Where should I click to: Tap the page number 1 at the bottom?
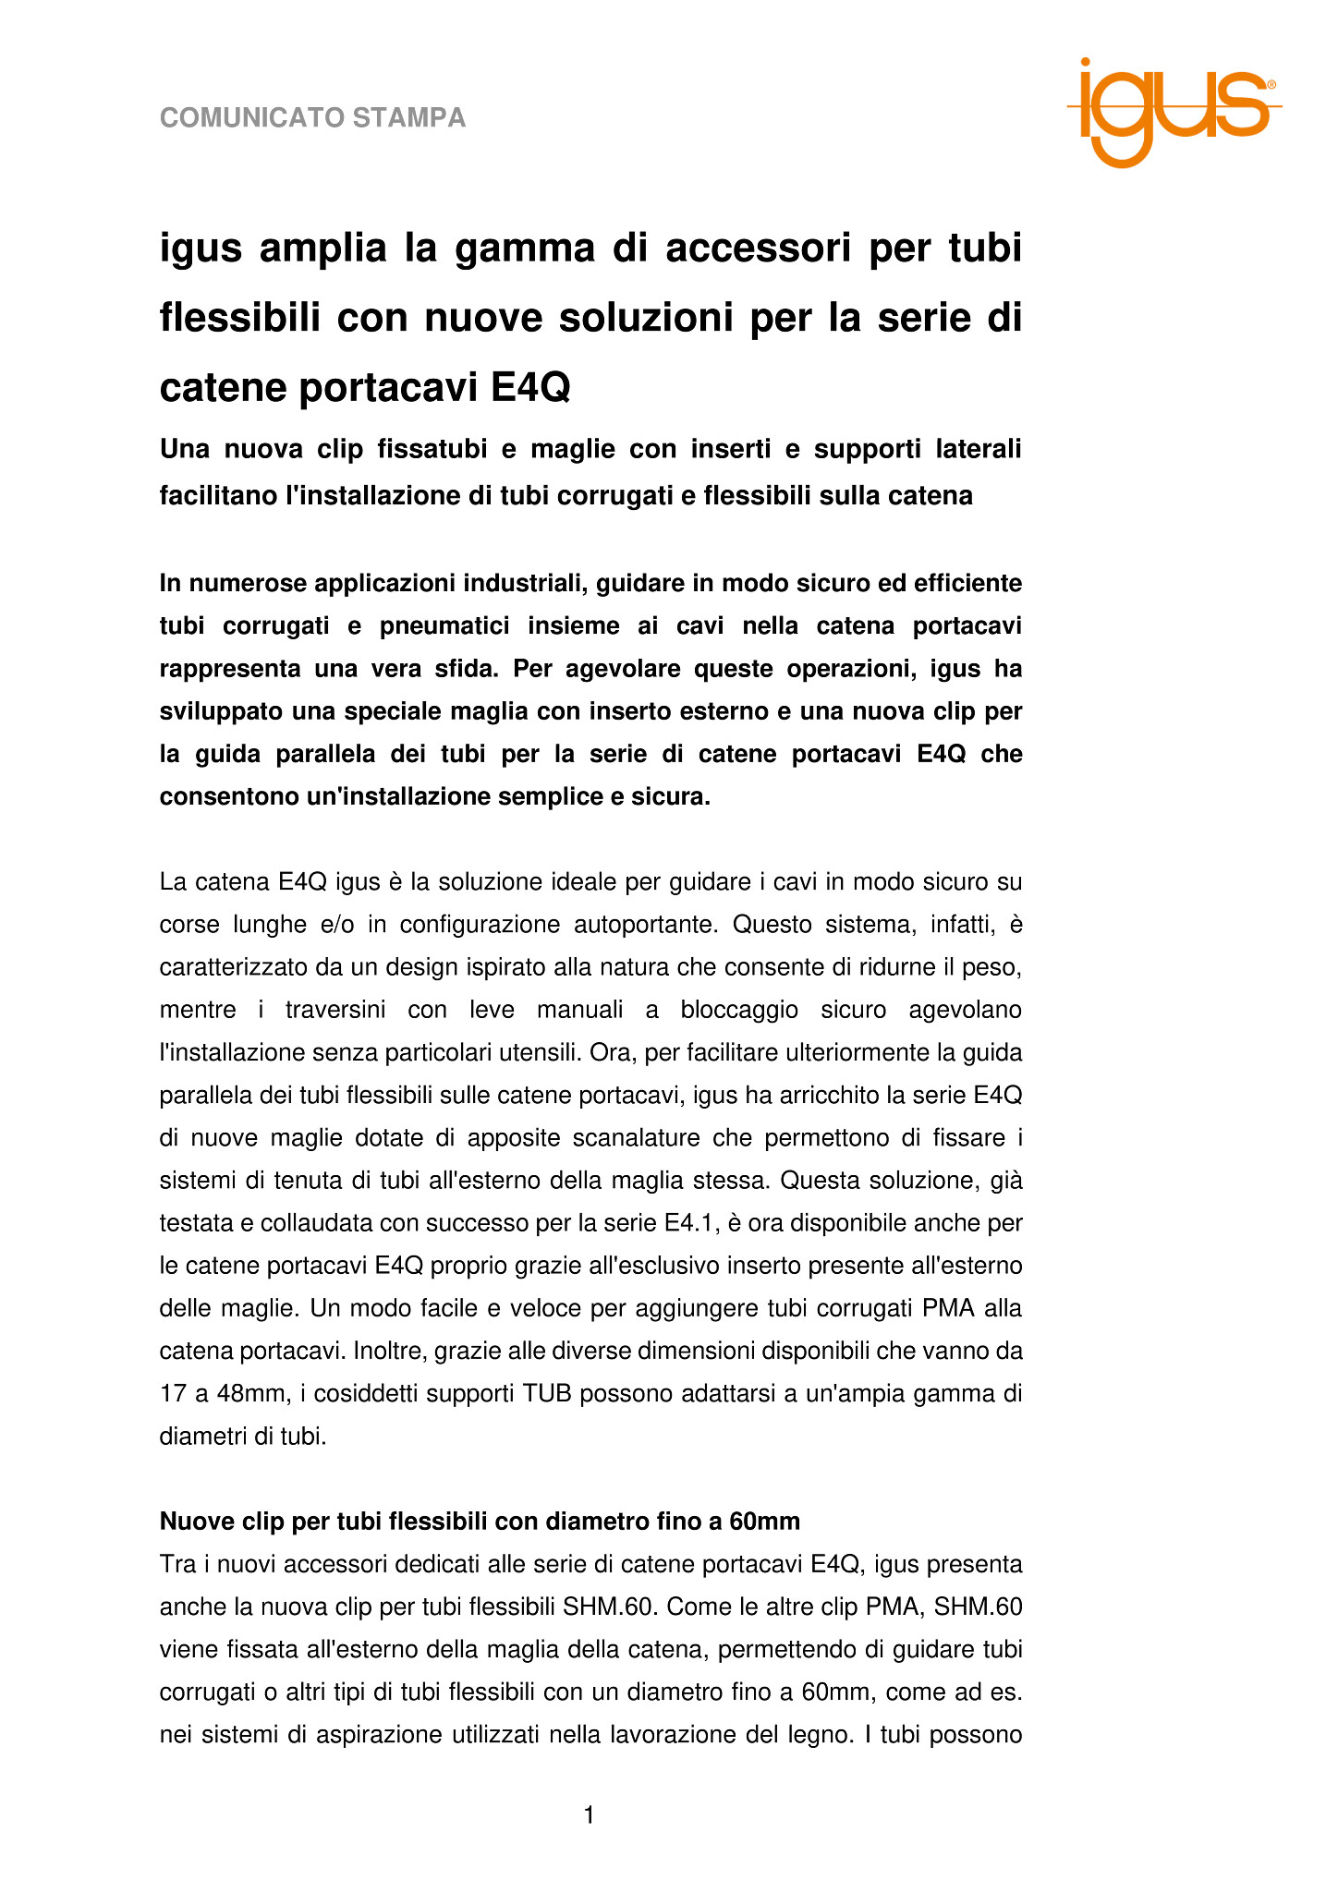pyautogui.click(x=589, y=1815)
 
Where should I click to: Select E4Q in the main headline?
pyautogui.click(x=529, y=387)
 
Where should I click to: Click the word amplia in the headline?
pyautogui.click(x=322, y=249)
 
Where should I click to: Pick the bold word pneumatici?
pyautogui.click(x=444, y=626)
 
